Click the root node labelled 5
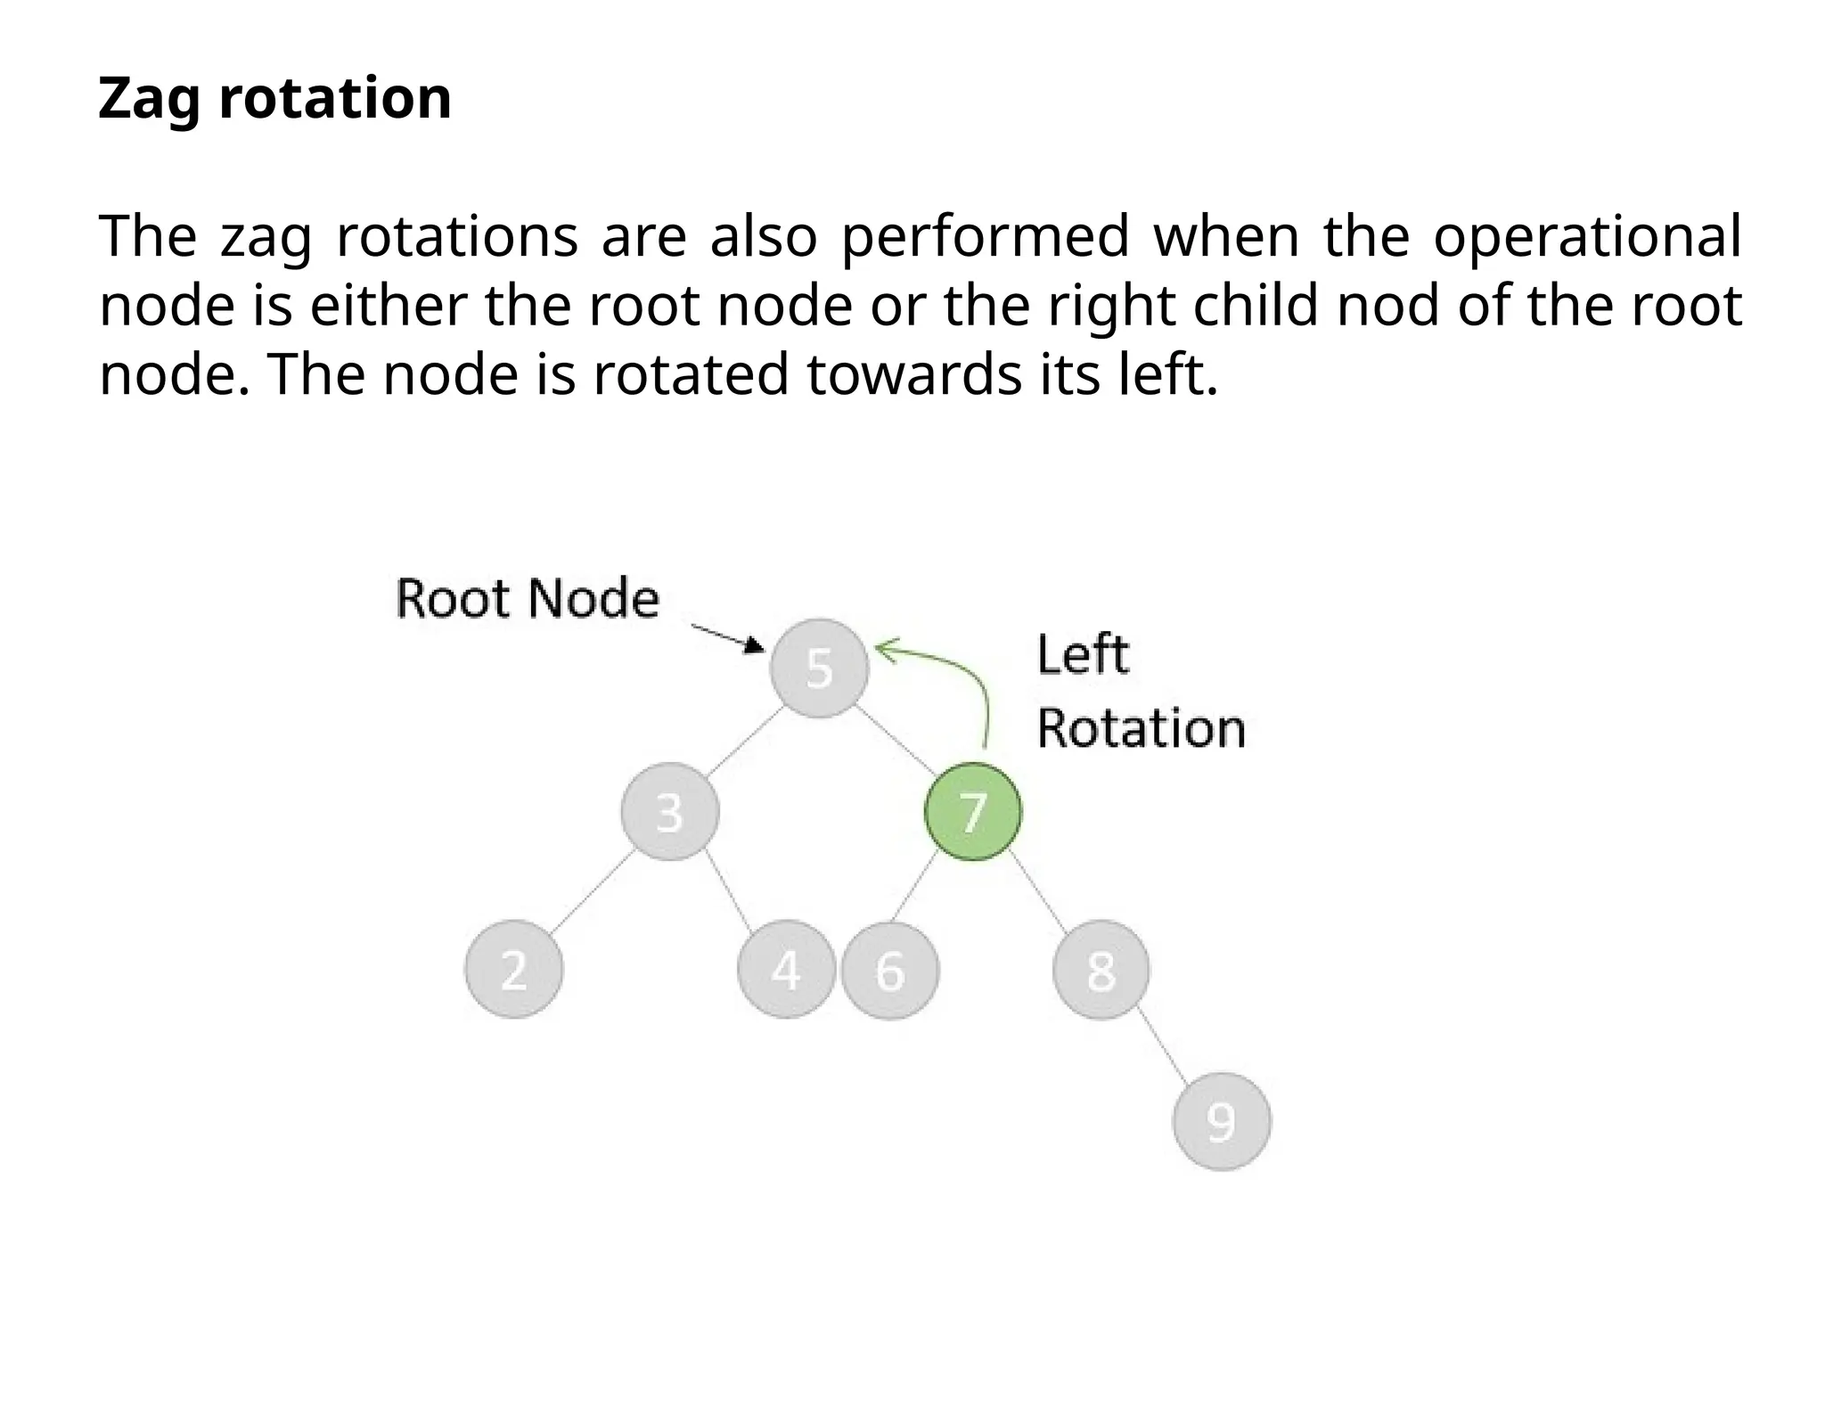tap(819, 668)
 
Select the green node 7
tap(972, 812)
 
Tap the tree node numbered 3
tap(669, 812)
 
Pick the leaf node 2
tap(514, 969)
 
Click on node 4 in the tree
tap(786, 969)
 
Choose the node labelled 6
tap(890, 970)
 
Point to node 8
tap(1101, 969)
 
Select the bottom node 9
tap(1221, 1121)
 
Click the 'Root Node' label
tap(527, 598)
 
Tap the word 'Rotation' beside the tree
tap(1141, 728)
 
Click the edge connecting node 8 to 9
tap(1163, 1046)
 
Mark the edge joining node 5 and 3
tap(745, 740)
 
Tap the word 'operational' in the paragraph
tap(1586, 237)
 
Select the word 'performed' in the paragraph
tap(986, 237)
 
